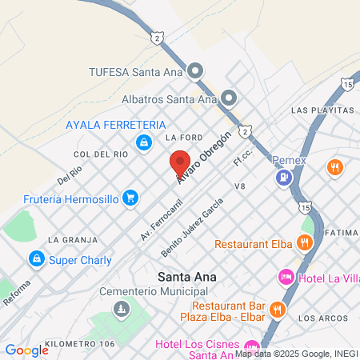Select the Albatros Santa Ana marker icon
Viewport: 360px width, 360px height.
(x=229, y=99)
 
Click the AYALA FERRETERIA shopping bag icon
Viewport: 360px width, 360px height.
(x=143, y=142)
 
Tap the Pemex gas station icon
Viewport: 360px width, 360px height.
(x=282, y=178)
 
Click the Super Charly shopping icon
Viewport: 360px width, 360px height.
(x=36, y=259)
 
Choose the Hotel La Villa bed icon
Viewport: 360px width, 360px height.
(x=285, y=277)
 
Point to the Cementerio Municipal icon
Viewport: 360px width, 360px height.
(x=121, y=308)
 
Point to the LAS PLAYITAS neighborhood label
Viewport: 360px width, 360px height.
(x=322, y=109)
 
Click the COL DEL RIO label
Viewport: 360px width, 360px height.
(x=101, y=154)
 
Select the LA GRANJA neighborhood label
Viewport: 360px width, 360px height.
(x=72, y=239)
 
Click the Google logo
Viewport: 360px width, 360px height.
(x=26, y=350)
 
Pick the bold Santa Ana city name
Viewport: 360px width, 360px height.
(x=188, y=277)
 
